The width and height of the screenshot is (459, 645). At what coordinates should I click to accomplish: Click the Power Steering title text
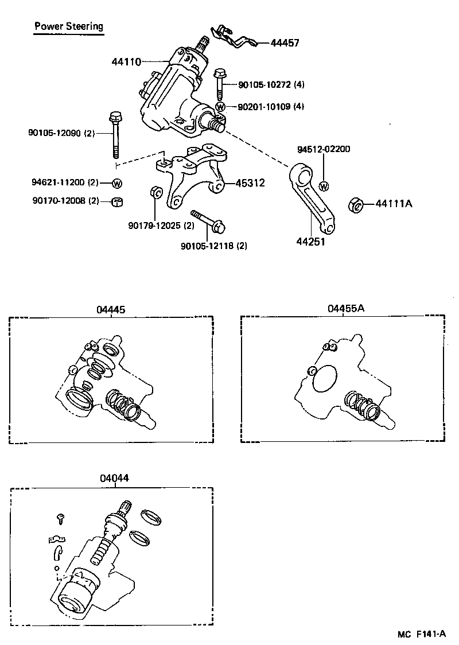tap(69, 26)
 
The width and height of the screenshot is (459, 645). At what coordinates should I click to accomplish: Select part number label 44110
tap(126, 61)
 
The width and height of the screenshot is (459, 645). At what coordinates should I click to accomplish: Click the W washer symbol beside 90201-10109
tap(220, 107)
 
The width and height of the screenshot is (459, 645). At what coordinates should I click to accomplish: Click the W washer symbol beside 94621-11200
tap(117, 184)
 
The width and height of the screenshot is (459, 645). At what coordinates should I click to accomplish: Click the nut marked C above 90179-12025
tap(154, 192)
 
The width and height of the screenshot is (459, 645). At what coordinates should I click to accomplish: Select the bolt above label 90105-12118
tap(207, 222)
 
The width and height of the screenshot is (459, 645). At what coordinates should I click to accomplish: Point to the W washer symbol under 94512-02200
tap(324, 186)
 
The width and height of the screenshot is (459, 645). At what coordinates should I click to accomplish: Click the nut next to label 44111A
tap(356, 204)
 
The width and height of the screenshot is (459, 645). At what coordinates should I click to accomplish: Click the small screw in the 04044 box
tap(60, 518)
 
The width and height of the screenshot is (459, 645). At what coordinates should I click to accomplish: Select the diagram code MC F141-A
tap(422, 634)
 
